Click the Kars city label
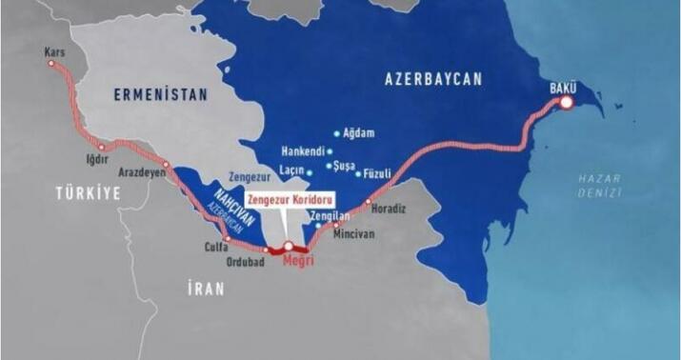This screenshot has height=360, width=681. click(x=53, y=53)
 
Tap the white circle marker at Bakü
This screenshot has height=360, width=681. click(x=567, y=102)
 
